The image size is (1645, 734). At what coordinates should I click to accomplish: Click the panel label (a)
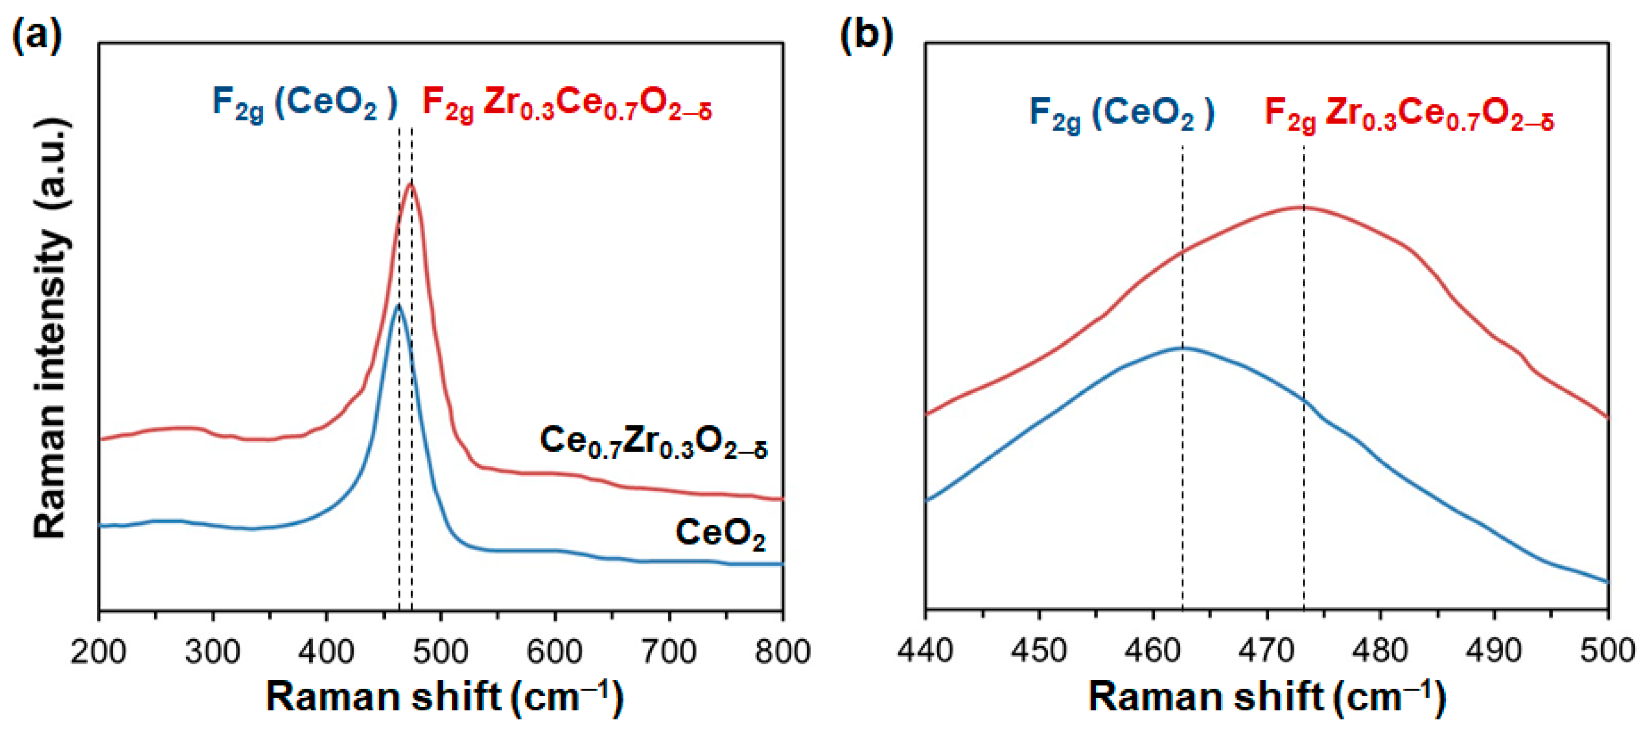point(37,35)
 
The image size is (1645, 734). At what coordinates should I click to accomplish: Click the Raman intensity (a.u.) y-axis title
point(51,329)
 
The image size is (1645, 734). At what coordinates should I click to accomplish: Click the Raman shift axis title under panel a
point(444,697)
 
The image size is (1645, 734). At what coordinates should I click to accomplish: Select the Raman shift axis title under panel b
point(1267,697)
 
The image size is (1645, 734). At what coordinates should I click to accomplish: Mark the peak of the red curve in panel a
point(411,185)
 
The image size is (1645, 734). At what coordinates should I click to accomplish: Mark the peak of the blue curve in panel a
point(399,305)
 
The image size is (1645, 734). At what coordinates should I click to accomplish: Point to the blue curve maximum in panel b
point(1182,348)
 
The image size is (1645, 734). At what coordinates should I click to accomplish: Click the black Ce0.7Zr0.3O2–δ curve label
point(653,442)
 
